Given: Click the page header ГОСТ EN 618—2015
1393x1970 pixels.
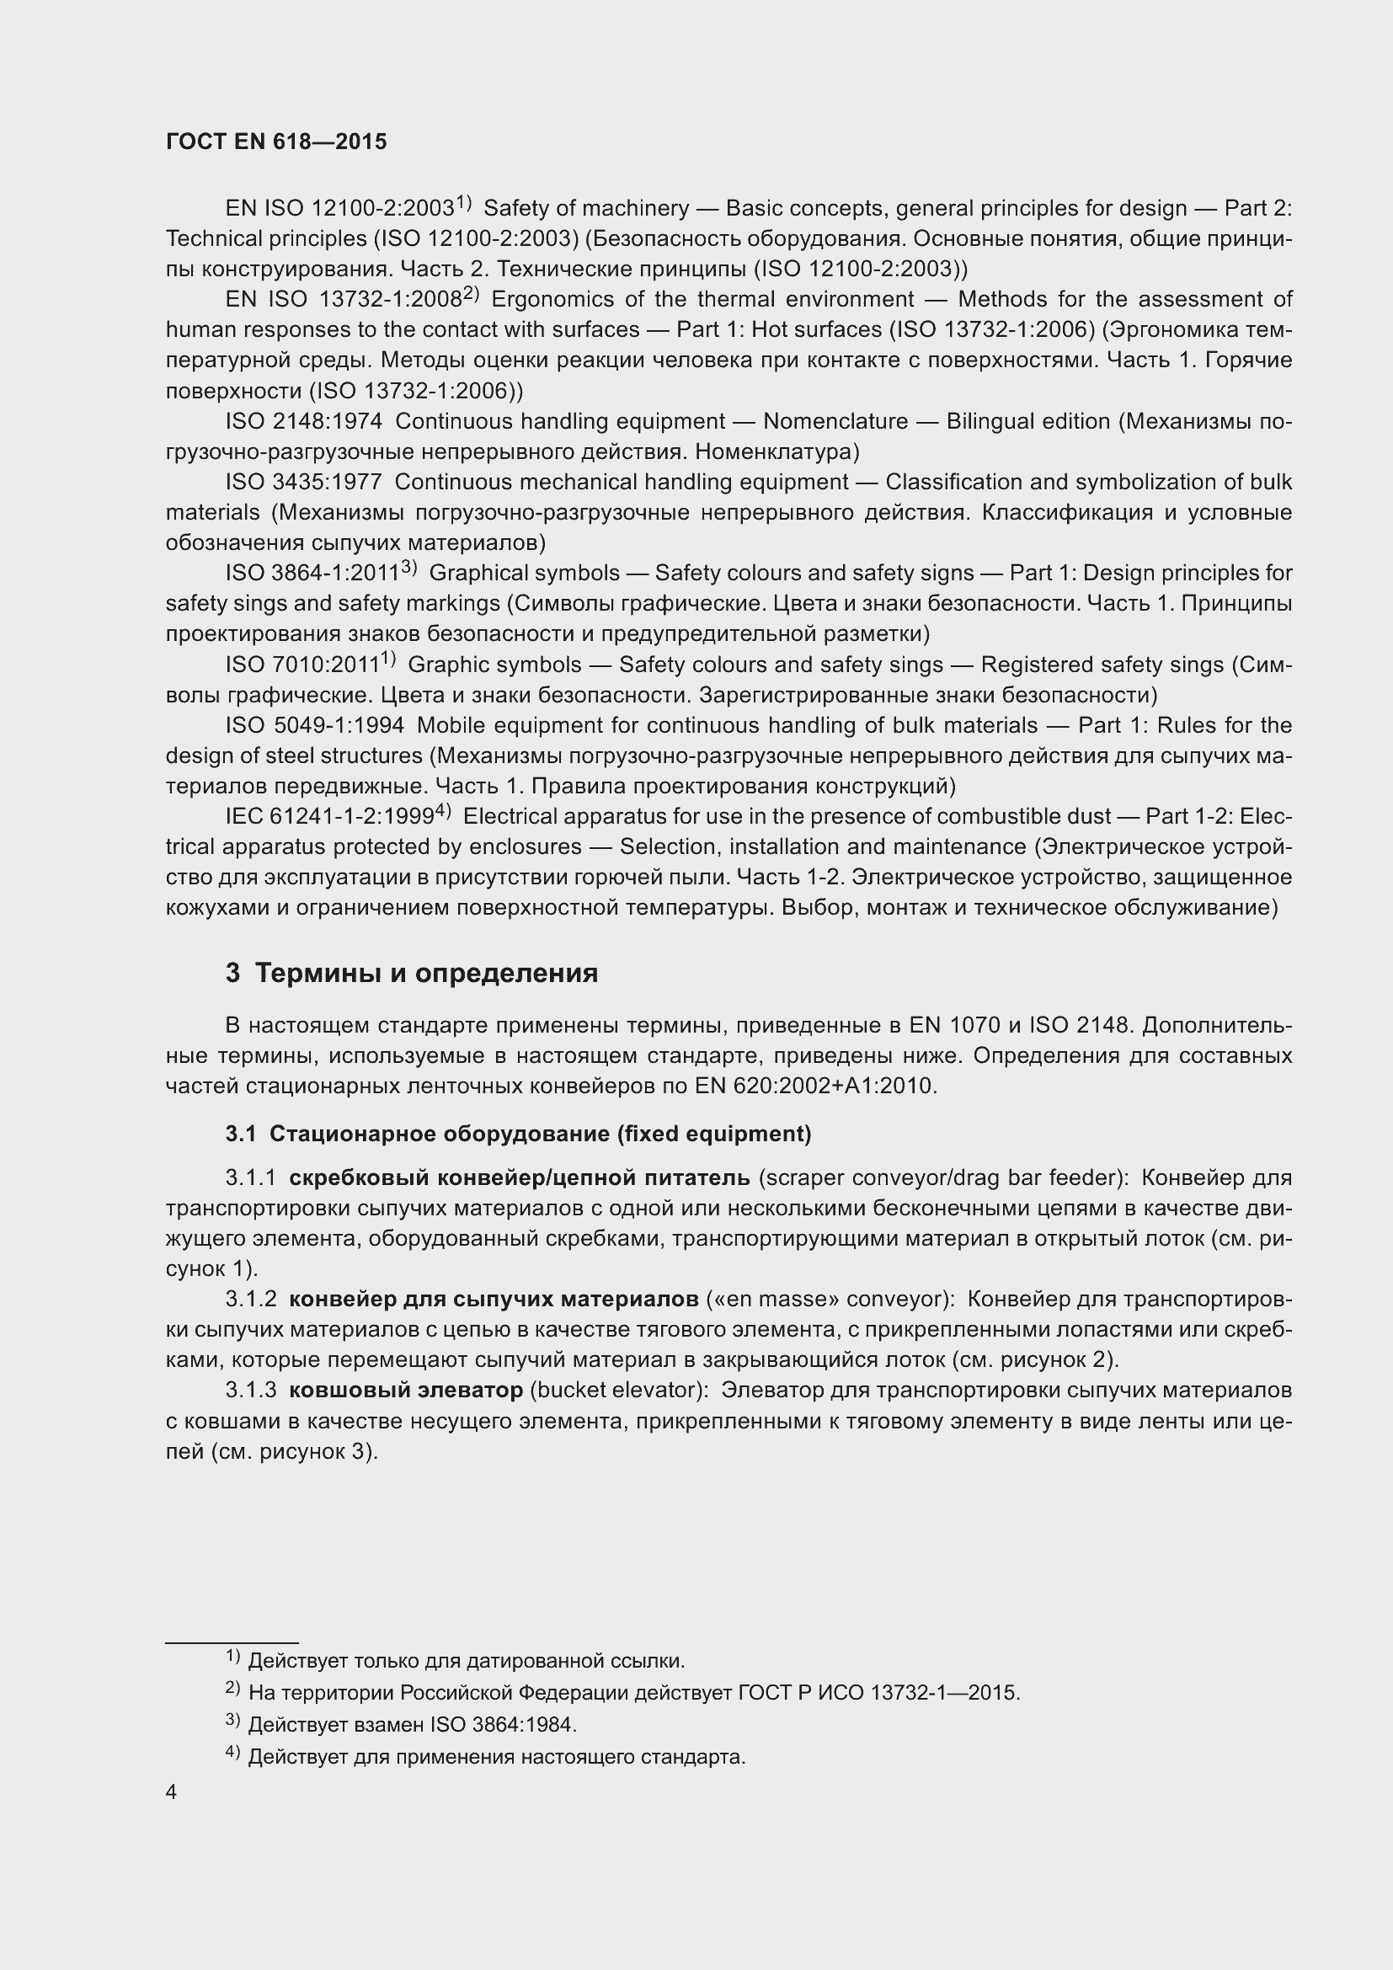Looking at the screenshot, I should pyautogui.click(x=276, y=141).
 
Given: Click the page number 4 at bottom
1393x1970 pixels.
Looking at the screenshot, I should pyautogui.click(x=172, y=1792).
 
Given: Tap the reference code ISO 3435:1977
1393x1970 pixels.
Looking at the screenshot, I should pyautogui.click(x=304, y=483).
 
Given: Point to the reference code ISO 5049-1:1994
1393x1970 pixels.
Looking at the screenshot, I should pyautogui.click(x=315, y=726).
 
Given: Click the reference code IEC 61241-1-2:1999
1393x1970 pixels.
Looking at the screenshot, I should pyautogui.click(x=330, y=817).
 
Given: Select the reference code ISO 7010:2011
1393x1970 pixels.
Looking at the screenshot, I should pyautogui.click(x=302, y=665).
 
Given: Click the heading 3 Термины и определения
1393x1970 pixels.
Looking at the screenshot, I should pyautogui.click(x=412, y=973).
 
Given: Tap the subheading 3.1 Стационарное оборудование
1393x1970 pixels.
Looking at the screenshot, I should pyautogui.click(x=518, y=1134).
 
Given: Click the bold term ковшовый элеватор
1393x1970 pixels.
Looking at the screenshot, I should pyautogui.click(x=406, y=1390).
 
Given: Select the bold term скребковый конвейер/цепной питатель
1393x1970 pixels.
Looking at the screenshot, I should pyautogui.click(x=519, y=1178).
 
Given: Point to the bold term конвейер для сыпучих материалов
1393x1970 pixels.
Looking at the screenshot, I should pyautogui.click(x=494, y=1300).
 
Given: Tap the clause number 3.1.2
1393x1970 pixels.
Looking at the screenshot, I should pyautogui.click(x=250, y=1300).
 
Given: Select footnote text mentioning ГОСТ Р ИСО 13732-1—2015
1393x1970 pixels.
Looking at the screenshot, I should pyautogui.click(x=634, y=1693).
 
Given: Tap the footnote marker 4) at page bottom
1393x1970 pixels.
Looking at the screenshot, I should pyautogui.click(x=232, y=1754).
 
